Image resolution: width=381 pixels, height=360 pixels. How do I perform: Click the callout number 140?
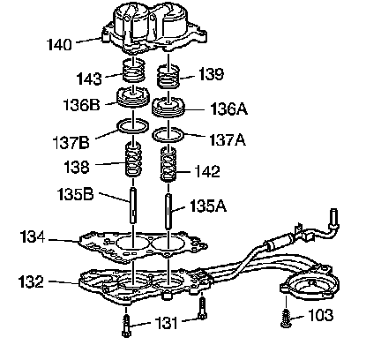[x=59, y=45]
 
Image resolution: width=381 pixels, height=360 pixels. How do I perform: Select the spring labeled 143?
[x=133, y=70]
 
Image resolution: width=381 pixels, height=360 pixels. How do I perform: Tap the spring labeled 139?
[x=168, y=77]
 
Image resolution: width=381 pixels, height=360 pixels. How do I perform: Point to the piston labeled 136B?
[x=133, y=97]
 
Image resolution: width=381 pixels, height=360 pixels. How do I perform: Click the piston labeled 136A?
[x=168, y=108]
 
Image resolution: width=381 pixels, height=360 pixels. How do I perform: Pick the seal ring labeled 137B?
[x=133, y=127]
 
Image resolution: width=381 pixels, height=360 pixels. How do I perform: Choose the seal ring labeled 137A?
[x=168, y=135]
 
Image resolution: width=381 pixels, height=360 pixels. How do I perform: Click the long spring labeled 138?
[x=134, y=160]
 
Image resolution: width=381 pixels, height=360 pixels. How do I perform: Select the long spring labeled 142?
[x=168, y=164]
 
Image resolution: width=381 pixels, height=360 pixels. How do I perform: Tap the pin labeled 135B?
[x=133, y=206]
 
